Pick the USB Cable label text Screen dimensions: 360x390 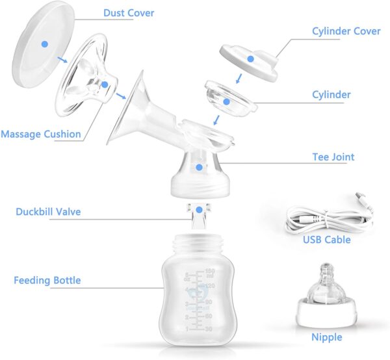click(326, 240)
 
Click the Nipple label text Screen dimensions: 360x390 click(326, 337)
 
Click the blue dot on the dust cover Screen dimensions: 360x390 click(44, 44)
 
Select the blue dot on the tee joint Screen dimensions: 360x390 click(200, 167)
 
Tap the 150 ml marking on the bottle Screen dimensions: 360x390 click(209, 272)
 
